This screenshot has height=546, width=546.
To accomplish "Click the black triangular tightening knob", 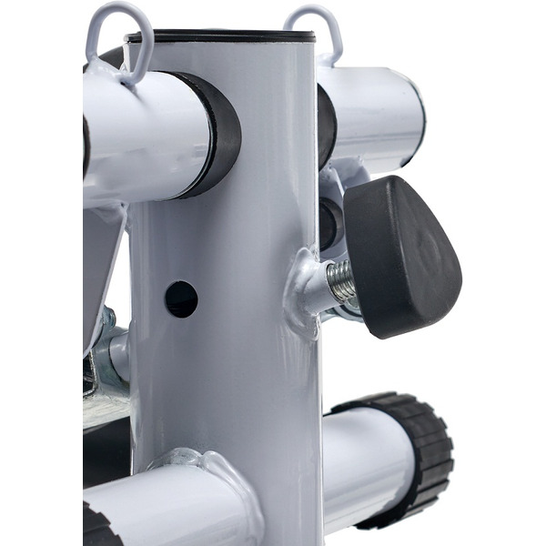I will (x=400, y=255).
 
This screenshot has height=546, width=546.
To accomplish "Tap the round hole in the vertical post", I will (x=180, y=298).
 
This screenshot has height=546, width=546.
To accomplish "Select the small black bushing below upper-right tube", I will (x=330, y=222).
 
